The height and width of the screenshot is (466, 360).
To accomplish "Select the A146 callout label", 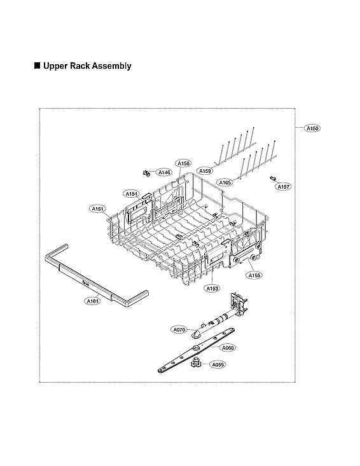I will (x=164, y=172).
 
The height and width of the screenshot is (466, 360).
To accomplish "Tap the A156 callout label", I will (x=183, y=163).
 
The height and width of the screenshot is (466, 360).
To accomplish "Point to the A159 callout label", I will (x=205, y=170).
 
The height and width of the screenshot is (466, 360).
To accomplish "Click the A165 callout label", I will (x=225, y=182).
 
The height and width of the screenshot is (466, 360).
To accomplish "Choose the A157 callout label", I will (x=283, y=187).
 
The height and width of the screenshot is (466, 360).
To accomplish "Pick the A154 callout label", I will (x=132, y=193).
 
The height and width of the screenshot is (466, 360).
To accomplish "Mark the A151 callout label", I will (x=97, y=208).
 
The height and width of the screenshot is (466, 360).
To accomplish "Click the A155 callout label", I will (x=254, y=275).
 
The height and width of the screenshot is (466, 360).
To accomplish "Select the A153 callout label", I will (x=212, y=289).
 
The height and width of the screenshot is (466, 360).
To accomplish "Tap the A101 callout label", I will (x=92, y=301).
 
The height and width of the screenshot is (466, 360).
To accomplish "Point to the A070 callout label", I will (x=179, y=329).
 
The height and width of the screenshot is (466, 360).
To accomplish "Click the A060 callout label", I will (x=228, y=348).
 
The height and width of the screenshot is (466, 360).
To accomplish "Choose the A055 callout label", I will (x=218, y=365).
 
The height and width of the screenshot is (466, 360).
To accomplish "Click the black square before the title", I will (x=37, y=65).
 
